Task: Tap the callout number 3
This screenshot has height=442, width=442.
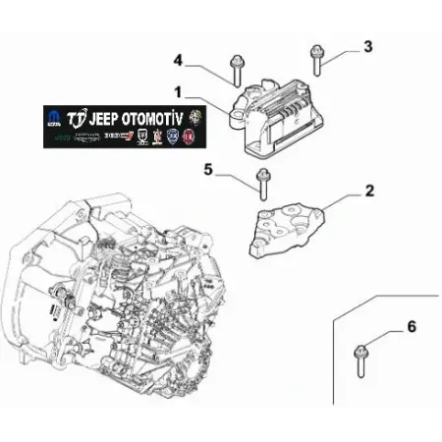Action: [367, 45]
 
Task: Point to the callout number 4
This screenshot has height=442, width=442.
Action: [179, 60]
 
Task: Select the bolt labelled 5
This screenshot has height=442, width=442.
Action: [262, 182]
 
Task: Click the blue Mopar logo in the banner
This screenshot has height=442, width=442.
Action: [52, 118]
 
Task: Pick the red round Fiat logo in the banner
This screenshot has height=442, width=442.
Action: [188, 138]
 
